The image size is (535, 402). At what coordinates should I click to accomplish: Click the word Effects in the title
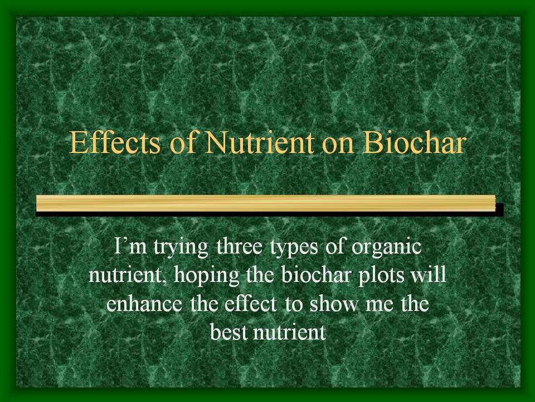pyautogui.click(x=115, y=142)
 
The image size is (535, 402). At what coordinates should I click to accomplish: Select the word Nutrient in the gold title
pyautogui.click(x=259, y=142)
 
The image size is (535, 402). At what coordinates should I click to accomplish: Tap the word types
pyautogui.click(x=294, y=248)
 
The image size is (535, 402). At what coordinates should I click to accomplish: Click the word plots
pyautogui.click(x=381, y=276)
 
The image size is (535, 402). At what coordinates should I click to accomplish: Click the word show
pyautogui.click(x=334, y=303)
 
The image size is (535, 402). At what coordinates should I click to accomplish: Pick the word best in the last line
pyautogui.click(x=228, y=331)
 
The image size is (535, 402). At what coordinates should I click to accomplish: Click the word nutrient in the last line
pyautogui.click(x=289, y=332)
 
